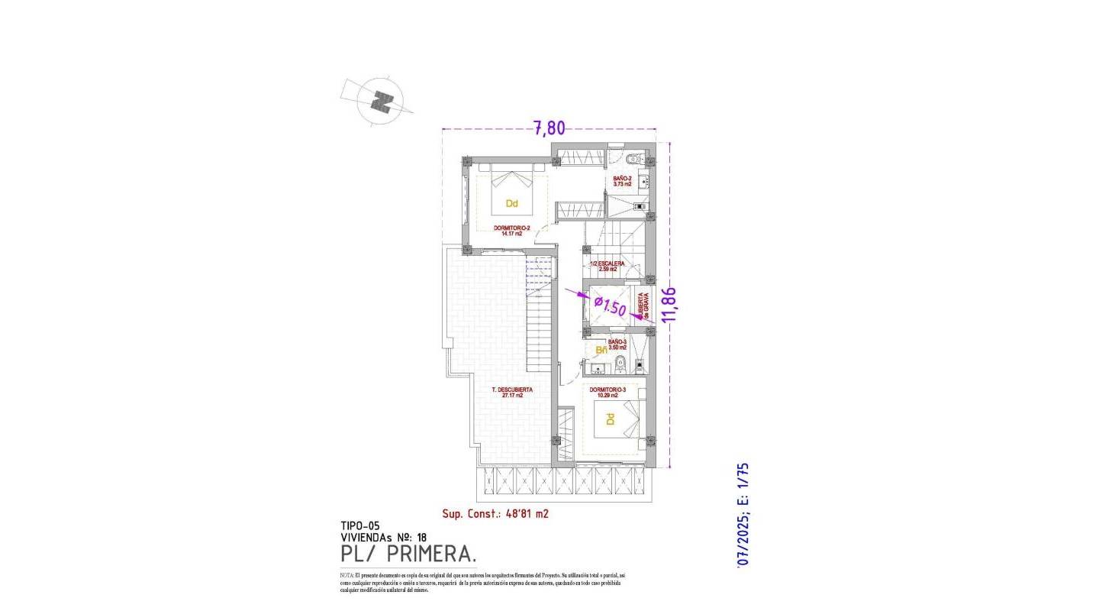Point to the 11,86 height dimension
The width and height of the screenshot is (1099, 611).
pyautogui.click(x=673, y=305)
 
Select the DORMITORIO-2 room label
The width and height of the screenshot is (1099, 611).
pyautogui.click(x=511, y=231)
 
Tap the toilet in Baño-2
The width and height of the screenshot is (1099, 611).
pyautogui.click(x=632, y=161)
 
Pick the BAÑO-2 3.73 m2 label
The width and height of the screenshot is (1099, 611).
pyautogui.click(x=622, y=181)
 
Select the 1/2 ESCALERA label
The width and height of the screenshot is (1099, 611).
pyautogui.click(x=608, y=266)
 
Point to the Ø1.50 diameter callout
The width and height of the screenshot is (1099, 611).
pyautogui.click(x=610, y=307)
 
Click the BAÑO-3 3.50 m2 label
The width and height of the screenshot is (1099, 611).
pyautogui.click(x=617, y=344)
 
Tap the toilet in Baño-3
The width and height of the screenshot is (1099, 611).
pyautogui.click(x=621, y=364)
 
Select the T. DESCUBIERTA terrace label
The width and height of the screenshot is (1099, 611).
pyautogui.click(x=512, y=392)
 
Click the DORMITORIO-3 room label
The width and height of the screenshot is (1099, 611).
pyautogui.click(x=608, y=392)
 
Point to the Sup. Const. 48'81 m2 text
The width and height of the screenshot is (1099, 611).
pyautogui.click(x=495, y=514)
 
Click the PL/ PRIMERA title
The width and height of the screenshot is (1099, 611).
pyautogui.click(x=408, y=553)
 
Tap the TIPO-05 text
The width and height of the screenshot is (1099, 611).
pyautogui.click(x=360, y=525)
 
